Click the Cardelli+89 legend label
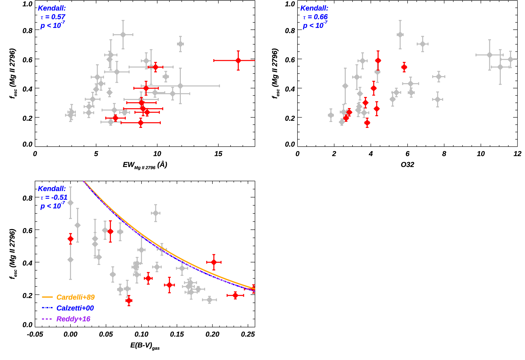click(x=75, y=297)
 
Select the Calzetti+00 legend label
click(x=75, y=308)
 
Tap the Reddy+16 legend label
click(x=73, y=319)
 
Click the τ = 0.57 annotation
click(x=53, y=17)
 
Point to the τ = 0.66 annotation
click(x=316, y=17)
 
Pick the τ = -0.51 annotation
click(x=54, y=197)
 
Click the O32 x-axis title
click(x=407, y=165)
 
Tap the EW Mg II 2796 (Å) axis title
click(x=145, y=165)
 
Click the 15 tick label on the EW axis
click(x=218, y=154)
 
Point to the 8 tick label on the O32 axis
click(x=444, y=154)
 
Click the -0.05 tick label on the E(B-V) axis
click(x=35, y=334)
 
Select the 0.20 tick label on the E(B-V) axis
click(x=212, y=334)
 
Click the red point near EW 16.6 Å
click(x=238, y=60)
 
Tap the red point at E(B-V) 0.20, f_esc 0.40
click(x=214, y=262)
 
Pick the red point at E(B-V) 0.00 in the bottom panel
click(x=71, y=239)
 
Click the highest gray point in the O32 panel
click(x=400, y=35)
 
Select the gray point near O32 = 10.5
click(x=489, y=55)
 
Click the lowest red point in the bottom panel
click(x=129, y=301)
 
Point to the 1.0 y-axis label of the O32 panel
click(x=290, y=4)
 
